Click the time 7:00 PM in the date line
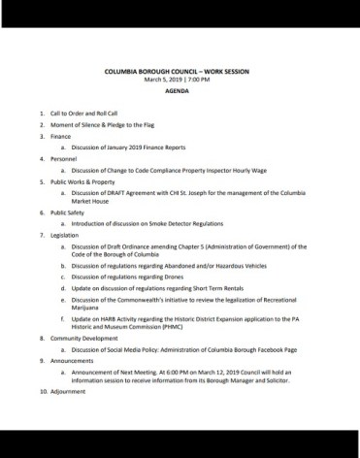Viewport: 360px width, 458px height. point(199,80)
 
